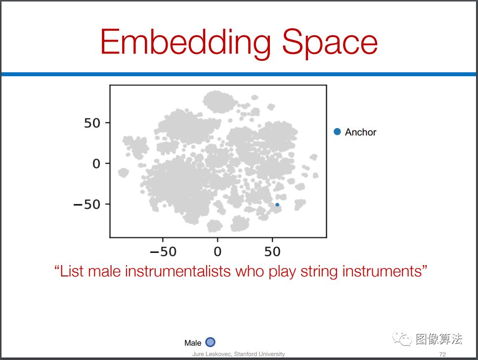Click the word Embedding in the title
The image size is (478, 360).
click(186, 43)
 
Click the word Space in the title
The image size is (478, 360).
click(330, 43)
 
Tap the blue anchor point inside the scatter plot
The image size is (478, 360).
click(277, 205)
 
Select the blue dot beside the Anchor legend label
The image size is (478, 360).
click(337, 132)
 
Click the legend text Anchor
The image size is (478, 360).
click(361, 132)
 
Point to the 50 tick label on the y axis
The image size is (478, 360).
click(92, 123)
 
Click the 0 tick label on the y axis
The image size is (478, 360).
click(96, 164)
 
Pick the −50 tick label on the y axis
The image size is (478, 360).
click(87, 204)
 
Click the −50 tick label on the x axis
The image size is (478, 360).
click(163, 252)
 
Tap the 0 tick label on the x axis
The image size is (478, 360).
click(217, 252)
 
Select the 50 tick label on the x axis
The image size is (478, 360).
click(272, 252)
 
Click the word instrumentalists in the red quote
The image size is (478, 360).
click(177, 271)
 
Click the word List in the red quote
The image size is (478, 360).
click(71, 271)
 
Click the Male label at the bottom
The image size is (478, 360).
click(193, 343)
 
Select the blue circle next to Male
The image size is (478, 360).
click(211, 342)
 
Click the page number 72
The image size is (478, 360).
click(442, 354)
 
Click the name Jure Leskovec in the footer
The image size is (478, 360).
click(212, 354)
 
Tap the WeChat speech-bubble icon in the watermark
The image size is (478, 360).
click(402, 339)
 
